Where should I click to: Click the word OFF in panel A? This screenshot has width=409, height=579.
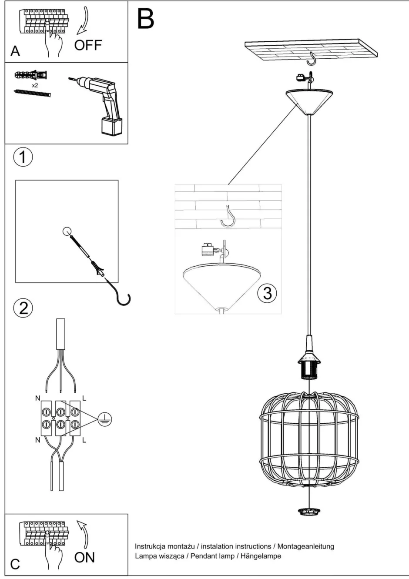tap(88, 45)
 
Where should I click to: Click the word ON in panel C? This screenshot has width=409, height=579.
tap(84, 557)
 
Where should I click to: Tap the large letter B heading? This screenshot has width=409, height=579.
tap(146, 20)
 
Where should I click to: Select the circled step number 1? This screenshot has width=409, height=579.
tap(23, 157)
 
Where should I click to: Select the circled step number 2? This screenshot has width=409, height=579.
tap(23, 308)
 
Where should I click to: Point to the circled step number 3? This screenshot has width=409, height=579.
tap(267, 293)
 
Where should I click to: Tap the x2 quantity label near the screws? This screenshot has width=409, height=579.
tap(35, 86)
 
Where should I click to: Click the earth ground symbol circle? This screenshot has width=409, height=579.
tap(104, 418)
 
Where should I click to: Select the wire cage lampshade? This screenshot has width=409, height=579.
tap(309, 439)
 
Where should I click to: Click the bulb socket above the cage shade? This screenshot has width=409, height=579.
tap(309, 365)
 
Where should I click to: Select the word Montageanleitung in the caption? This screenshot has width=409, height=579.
tap(306, 546)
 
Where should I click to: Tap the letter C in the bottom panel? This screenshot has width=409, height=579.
tap(15, 564)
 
